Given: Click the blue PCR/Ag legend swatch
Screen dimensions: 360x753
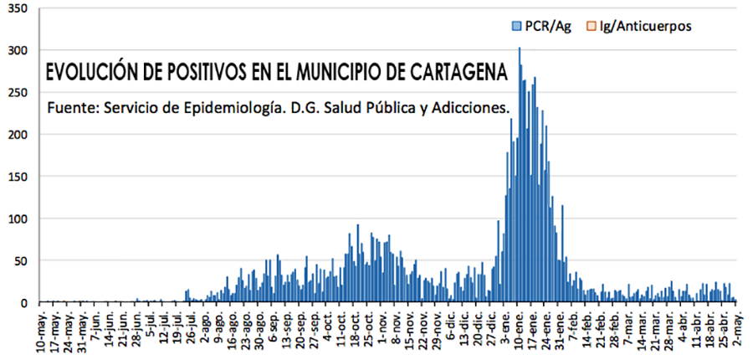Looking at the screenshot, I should pos(515,26).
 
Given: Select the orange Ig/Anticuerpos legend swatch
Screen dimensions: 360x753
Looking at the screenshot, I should pos(592,26).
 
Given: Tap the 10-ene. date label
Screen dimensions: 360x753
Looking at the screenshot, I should pos(520,330).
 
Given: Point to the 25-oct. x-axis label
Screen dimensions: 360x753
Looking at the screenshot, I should pos(368,330).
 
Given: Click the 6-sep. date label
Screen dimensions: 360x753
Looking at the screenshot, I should pos(273,328).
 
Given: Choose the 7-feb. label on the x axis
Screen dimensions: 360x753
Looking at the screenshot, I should pos(573,328).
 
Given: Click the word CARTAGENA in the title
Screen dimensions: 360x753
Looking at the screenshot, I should pos(458,73).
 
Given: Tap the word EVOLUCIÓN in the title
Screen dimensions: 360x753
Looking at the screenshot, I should pos(91,73).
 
